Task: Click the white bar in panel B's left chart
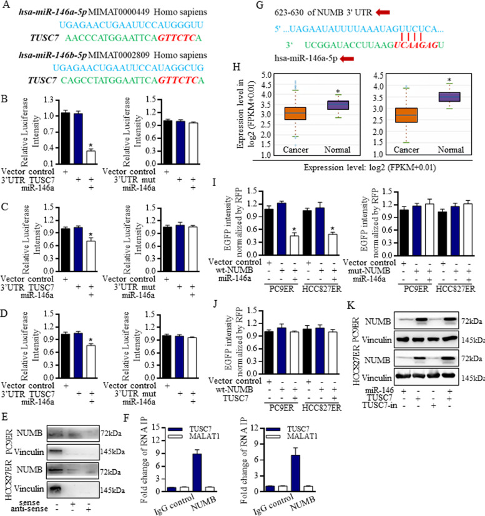91,157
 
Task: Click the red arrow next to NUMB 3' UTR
383,12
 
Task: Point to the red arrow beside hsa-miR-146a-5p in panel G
346,59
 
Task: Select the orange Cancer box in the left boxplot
295,113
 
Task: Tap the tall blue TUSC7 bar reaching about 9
197,472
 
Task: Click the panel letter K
351,305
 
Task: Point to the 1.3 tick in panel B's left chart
49,100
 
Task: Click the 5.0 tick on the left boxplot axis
267,75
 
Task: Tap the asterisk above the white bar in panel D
91,340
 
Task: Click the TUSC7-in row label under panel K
379,406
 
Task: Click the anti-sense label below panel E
29,509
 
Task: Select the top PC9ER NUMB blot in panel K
426,321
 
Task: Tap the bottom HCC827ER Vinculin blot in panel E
73,490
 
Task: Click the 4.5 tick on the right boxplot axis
379,75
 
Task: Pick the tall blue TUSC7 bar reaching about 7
295,473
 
